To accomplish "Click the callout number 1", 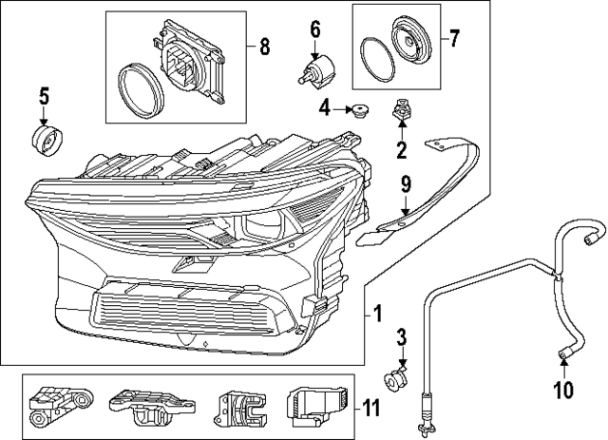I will [x=377, y=313].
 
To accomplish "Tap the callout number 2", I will [x=401, y=149].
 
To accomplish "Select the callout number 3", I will [x=401, y=337].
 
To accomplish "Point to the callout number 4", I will [x=324, y=109].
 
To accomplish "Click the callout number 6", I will [x=315, y=29].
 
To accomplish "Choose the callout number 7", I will [x=454, y=39].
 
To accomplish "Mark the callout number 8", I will [x=264, y=45].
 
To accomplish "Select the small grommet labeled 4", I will [x=360, y=112].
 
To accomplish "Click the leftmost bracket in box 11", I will [x=59, y=407].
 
